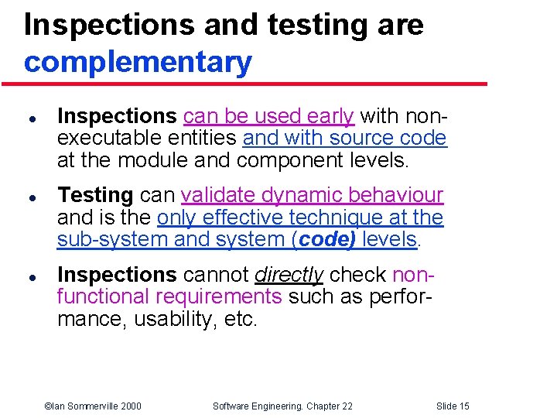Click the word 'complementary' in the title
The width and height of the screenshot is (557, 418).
(138, 62)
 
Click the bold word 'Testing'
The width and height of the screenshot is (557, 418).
(96, 196)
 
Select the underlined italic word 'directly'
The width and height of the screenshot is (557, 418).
(289, 275)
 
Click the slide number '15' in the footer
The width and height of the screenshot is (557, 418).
(463, 406)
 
